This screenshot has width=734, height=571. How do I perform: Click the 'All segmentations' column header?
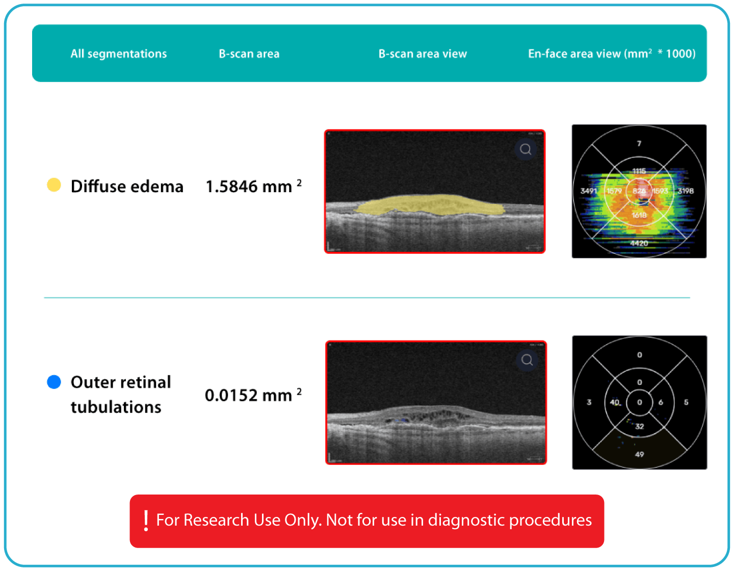118,54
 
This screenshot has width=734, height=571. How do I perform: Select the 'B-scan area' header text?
249,54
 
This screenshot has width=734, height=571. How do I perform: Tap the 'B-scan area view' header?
422,54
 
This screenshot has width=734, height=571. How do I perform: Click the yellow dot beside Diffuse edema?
54,185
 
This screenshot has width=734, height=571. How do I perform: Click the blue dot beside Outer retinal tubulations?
54,382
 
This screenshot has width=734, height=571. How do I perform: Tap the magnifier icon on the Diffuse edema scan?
526,149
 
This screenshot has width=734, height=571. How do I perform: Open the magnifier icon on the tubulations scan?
527,360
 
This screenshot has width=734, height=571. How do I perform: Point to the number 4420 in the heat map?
639,243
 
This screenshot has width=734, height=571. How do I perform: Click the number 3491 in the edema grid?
588,191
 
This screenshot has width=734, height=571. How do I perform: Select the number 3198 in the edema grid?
686,191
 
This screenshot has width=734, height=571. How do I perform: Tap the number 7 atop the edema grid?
639,144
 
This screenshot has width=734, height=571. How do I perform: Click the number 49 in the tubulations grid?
639,454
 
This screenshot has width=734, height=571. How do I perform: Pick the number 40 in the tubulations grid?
614,402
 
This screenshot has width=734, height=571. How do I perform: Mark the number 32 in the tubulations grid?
639,426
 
